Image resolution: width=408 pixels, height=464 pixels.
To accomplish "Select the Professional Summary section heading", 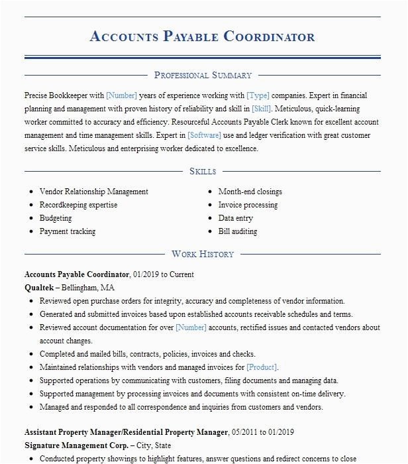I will tap(203, 75).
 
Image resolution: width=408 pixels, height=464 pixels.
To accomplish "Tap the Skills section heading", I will tap(203, 171).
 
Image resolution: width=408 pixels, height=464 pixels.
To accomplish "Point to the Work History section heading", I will tap(203, 254).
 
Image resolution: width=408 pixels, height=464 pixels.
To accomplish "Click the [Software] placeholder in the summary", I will tap(204, 135).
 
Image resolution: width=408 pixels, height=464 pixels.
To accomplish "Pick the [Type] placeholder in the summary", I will tap(258, 95).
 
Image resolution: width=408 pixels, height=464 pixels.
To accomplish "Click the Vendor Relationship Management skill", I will tap(94, 192).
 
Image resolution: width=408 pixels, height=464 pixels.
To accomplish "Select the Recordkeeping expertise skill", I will tap(78, 205).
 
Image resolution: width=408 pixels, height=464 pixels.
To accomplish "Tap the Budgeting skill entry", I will tap(55, 218).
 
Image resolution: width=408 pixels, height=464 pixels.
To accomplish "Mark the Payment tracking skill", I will tap(68, 231).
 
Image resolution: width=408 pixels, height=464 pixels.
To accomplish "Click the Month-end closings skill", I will tap(250, 192).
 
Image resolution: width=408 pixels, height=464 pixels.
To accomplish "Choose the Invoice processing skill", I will tap(247, 205).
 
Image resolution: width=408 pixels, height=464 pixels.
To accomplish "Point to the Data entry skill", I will tap(236, 218).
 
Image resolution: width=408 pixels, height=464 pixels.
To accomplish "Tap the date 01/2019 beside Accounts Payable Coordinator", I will tap(146, 274).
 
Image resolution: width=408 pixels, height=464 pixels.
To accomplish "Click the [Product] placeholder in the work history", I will tap(262, 367).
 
